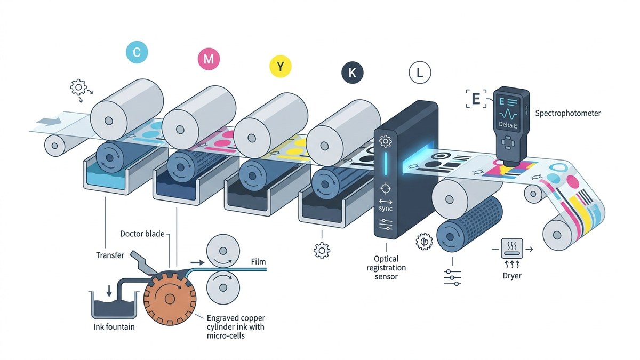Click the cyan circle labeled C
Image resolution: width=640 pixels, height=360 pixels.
pyautogui.click(x=137, y=52)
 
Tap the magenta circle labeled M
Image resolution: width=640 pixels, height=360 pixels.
pyautogui.click(x=209, y=59)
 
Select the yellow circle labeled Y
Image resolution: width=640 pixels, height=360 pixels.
pyautogui.click(x=281, y=66)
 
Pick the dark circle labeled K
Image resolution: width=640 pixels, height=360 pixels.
pyautogui.click(x=353, y=73)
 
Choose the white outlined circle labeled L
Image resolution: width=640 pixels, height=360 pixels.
pyautogui.click(x=420, y=73)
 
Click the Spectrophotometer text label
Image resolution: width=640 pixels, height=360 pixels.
pyautogui.click(x=568, y=114)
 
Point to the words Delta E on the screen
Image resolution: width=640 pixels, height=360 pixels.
pyautogui.click(x=508, y=125)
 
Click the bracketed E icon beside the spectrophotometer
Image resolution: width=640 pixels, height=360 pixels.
pyautogui.click(x=476, y=99)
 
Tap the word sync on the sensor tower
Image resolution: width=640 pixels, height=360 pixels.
pyautogui.click(x=386, y=209)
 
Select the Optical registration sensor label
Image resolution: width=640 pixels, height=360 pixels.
pyautogui.click(x=386, y=268)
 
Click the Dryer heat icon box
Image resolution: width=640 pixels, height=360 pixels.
pyautogui.click(x=512, y=249)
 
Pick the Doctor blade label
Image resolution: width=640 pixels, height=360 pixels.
pyautogui.click(x=142, y=234)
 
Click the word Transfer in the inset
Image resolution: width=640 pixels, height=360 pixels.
pyautogui.click(x=110, y=255)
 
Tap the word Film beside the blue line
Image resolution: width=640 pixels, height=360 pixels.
pyautogui.click(x=258, y=262)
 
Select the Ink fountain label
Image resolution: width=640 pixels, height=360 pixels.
pyautogui.click(x=114, y=327)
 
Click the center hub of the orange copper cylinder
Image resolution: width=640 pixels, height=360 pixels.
pyautogui.click(x=170, y=299)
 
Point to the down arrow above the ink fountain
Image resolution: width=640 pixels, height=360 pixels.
pyautogui.click(x=109, y=291)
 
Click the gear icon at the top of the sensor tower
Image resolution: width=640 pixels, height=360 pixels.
pyautogui.click(x=385, y=141)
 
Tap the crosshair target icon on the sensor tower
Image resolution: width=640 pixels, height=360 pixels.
pyautogui.click(x=386, y=189)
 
